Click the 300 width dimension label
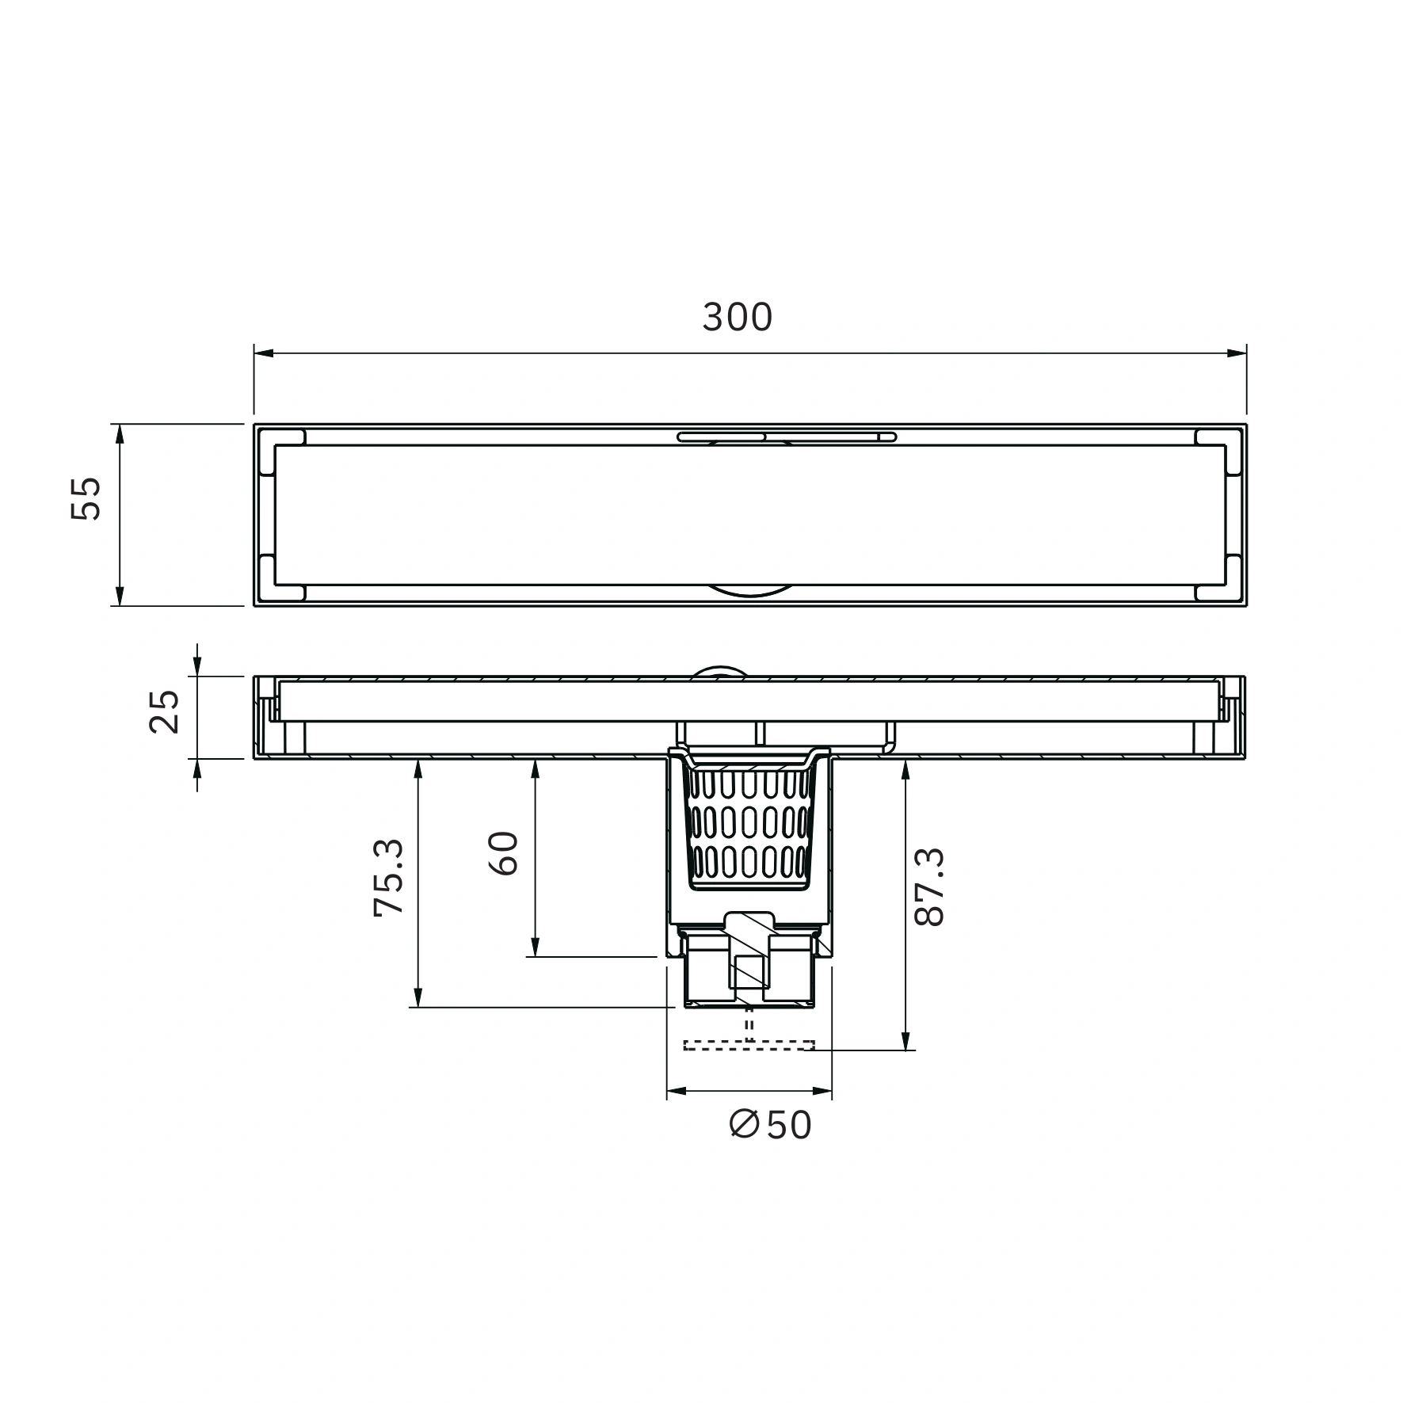[737, 318]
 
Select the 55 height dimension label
[86, 498]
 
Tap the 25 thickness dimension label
[165, 711]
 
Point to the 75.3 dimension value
[389, 878]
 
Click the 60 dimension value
[504, 853]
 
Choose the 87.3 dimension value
[929, 886]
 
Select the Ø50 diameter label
[771, 1125]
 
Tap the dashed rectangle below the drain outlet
[749, 1045]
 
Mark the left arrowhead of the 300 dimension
[264, 353]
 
